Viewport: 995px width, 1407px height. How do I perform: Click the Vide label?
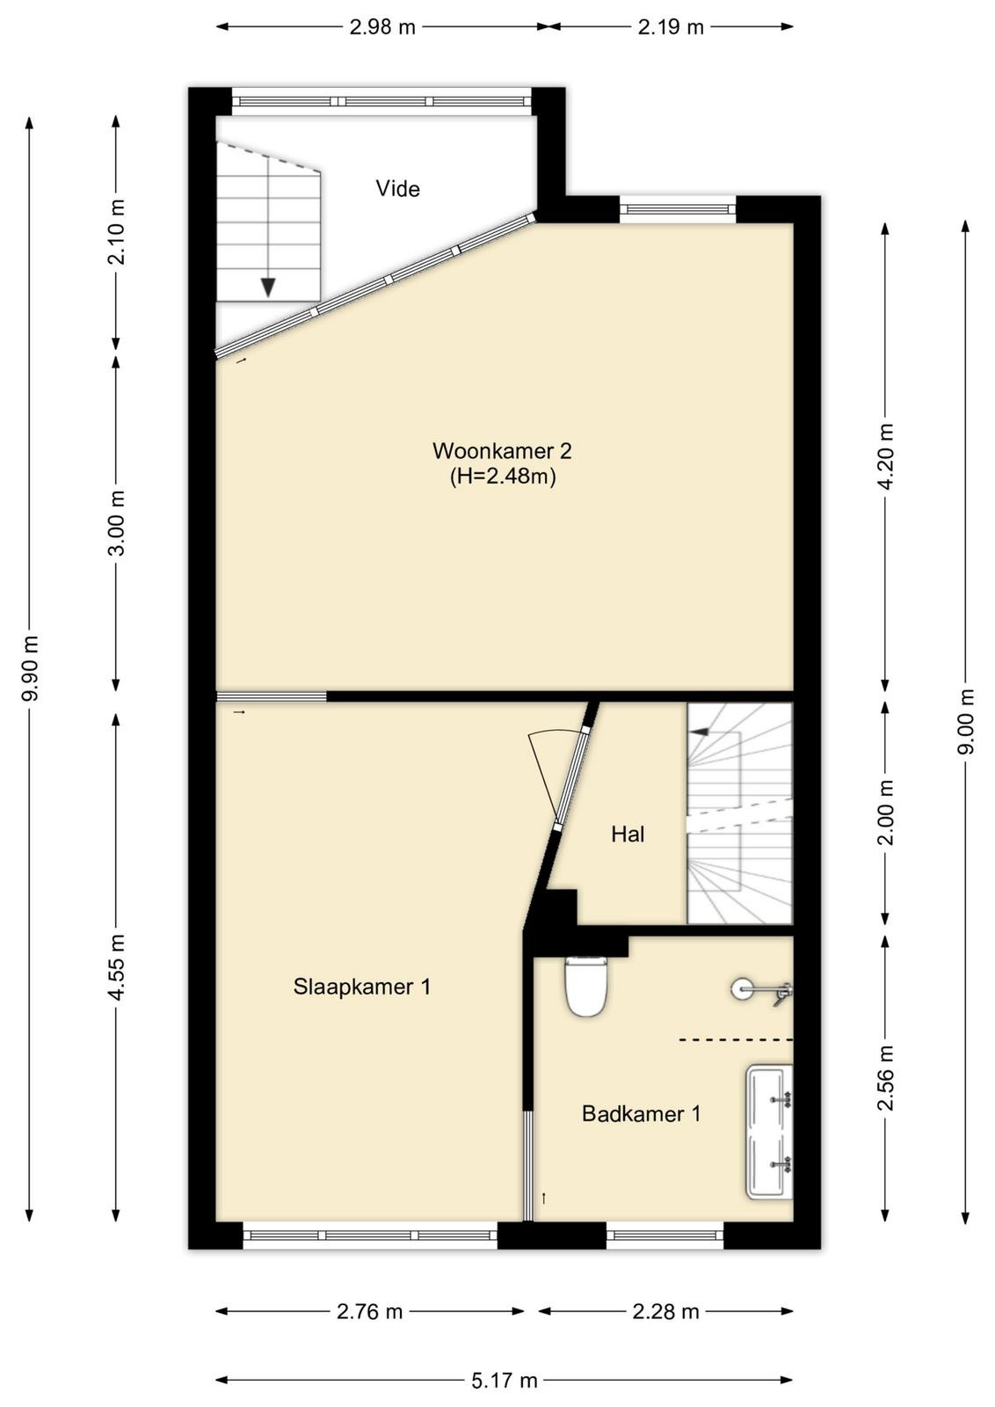pyautogui.click(x=397, y=188)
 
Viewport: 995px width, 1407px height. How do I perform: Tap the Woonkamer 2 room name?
pyautogui.click(x=502, y=450)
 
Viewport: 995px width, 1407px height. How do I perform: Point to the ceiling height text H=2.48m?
pyautogui.click(x=503, y=478)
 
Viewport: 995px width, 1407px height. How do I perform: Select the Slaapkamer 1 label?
pyautogui.click(x=362, y=986)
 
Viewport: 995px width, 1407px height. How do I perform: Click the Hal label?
pyautogui.click(x=628, y=835)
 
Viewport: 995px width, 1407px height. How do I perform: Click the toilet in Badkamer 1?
pyautogui.click(x=585, y=987)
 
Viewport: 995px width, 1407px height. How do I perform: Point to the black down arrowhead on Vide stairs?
pyautogui.click(x=269, y=288)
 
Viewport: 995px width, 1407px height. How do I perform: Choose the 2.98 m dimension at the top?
pyautogui.click(x=382, y=27)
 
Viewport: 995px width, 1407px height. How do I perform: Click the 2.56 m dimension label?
pyautogui.click(x=885, y=1077)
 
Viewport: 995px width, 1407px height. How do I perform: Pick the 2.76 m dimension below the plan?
pyautogui.click(x=370, y=1311)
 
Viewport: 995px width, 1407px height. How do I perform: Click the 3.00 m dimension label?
pyautogui.click(x=116, y=522)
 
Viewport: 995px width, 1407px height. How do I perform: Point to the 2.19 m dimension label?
pyautogui.click(x=671, y=27)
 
